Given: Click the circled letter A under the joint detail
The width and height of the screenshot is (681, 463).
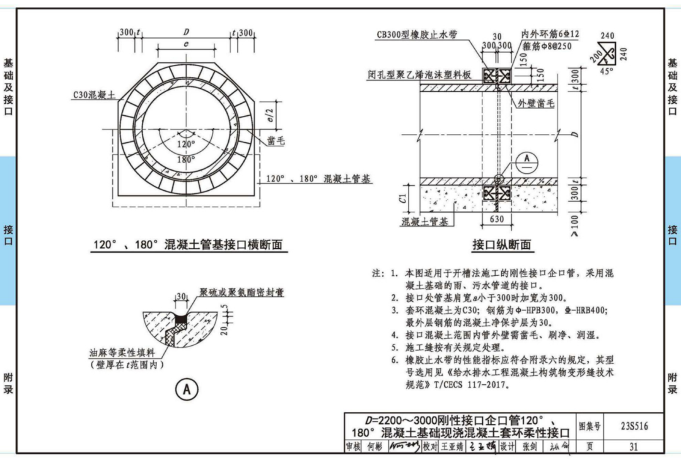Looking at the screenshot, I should pos(186,390).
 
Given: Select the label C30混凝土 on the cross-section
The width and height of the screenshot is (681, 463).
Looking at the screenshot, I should pos(94,96).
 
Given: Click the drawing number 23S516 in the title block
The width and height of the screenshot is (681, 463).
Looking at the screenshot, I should pos(634,426).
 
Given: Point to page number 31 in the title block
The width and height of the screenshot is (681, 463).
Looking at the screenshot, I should pos(634,447).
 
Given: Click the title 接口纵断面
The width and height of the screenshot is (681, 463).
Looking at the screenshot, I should pos(501,244).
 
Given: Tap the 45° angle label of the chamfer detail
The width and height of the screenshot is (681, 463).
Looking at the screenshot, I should pos(605,71).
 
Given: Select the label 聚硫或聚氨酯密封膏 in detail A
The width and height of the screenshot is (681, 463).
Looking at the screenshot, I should pos(242,292).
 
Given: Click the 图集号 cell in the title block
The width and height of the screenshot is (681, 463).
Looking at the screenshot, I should pos(589,426).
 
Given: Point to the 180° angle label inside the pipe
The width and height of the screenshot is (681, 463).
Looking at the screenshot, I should pos(186,159).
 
